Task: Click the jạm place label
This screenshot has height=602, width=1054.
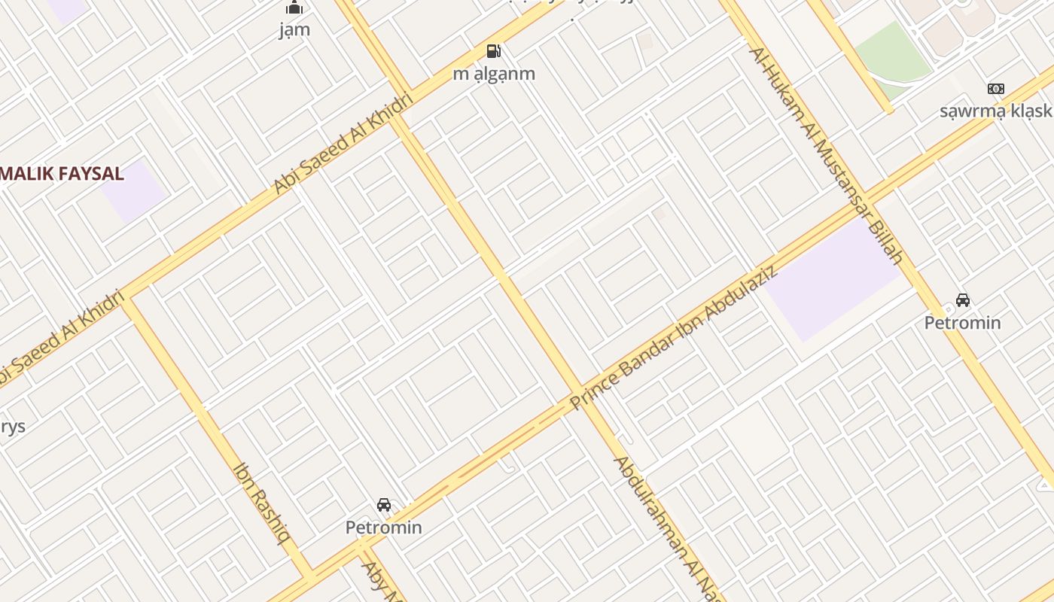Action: click(294, 30)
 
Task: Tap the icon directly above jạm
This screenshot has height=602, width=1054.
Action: click(294, 8)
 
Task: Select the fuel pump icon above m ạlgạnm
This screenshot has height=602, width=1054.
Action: click(494, 51)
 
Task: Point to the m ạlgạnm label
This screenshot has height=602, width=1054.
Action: click(494, 74)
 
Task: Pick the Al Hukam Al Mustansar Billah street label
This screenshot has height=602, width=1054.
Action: click(825, 154)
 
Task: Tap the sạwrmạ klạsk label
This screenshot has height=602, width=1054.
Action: click(995, 111)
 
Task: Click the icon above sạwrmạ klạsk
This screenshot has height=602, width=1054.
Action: click(995, 89)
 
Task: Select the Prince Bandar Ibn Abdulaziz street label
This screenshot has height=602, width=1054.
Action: click(674, 337)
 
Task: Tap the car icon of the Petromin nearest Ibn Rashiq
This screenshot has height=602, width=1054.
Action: click(384, 505)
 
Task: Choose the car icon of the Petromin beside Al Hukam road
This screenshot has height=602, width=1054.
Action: click(962, 300)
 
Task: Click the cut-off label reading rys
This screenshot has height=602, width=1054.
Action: click(12, 427)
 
